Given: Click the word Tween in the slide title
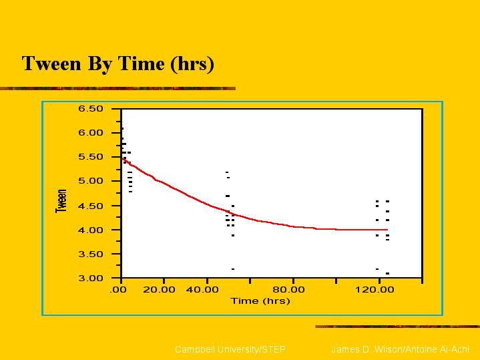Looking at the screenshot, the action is tap(51, 63).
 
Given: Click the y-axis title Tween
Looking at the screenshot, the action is tap(61, 201).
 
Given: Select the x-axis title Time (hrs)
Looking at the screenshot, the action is tap(260, 301).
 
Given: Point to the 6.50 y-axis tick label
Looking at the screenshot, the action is tap(91, 109).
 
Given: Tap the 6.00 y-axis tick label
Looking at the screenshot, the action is tap(91, 133).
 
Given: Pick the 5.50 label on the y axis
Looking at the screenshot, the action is tap(91, 157).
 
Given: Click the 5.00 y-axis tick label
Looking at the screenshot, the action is tap(91, 181).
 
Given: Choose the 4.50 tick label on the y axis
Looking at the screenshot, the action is tap(91, 206).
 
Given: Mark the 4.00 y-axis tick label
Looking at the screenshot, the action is tap(91, 230).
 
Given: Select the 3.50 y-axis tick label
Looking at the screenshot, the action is tap(91, 254).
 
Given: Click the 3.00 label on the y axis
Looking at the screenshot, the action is tap(91, 279).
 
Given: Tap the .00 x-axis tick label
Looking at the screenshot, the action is tap(118, 289).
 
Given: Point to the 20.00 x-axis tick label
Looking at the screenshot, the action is tap(159, 289).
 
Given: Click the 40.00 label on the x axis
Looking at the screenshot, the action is tap(202, 289).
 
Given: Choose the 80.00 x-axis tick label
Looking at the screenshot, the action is tap(288, 289).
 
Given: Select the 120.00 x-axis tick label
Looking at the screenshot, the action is tap(375, 289).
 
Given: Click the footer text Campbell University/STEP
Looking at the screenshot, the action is tap(230, 349).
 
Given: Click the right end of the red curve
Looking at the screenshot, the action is tap(388, 230).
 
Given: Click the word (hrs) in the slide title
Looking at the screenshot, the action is tap(192, 64).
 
